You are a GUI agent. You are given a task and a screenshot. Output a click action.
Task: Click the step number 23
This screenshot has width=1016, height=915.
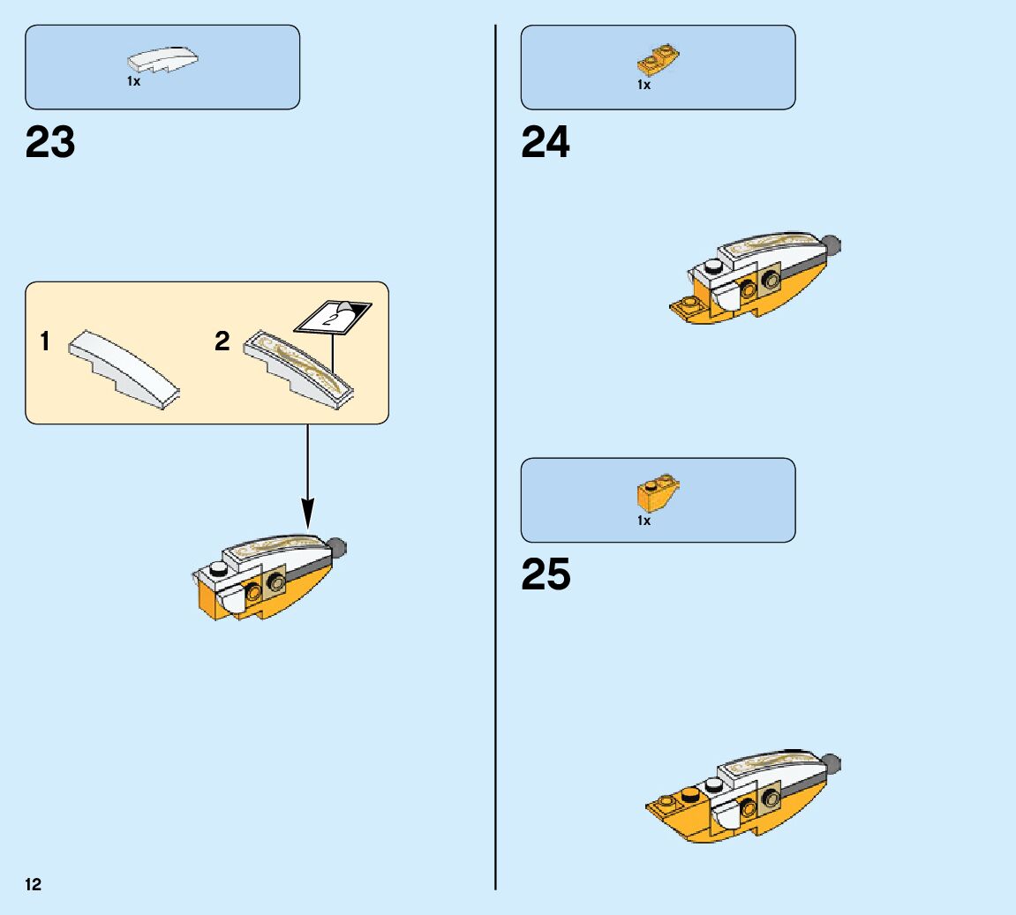[50, 142]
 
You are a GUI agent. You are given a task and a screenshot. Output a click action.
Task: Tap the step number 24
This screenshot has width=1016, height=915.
[546, 142]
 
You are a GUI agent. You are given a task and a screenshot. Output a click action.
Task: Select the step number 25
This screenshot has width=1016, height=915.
[546, 574]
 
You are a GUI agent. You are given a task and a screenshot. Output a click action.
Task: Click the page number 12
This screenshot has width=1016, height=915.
[34, 885]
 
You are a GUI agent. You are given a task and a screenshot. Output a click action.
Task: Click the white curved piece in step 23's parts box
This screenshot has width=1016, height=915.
[162, 59]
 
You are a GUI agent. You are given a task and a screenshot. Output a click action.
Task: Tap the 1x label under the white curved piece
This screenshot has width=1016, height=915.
[133, 81]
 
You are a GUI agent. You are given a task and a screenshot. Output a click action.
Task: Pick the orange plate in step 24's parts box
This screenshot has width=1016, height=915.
[658, 60]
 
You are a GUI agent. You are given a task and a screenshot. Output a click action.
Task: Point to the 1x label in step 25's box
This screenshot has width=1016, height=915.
[644, 521]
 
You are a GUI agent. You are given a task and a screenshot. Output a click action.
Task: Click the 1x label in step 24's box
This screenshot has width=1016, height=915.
[644, 85]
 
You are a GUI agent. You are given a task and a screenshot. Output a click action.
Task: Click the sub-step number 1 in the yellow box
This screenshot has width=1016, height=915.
[45, 341]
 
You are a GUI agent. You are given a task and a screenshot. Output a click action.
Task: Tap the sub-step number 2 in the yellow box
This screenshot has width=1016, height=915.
[222, 341]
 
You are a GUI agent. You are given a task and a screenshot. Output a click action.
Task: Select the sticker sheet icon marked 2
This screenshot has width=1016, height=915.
[333, 316]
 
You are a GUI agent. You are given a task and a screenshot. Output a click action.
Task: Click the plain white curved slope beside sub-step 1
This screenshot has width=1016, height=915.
[124, 371]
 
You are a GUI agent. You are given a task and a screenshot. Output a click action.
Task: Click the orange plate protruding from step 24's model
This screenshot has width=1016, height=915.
[687, 306]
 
